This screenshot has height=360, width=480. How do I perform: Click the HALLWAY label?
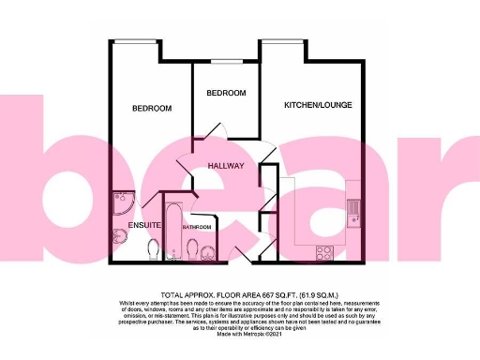click(227, 166)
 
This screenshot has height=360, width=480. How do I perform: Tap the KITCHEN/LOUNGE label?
click(318, 105)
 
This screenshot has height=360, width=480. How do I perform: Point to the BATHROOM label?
click(197, 227)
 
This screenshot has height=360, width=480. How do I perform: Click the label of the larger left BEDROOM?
click(152, 109)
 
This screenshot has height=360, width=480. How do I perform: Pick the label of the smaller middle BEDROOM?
click(226, 93)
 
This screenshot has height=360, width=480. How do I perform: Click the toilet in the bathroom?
click(191, 249)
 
